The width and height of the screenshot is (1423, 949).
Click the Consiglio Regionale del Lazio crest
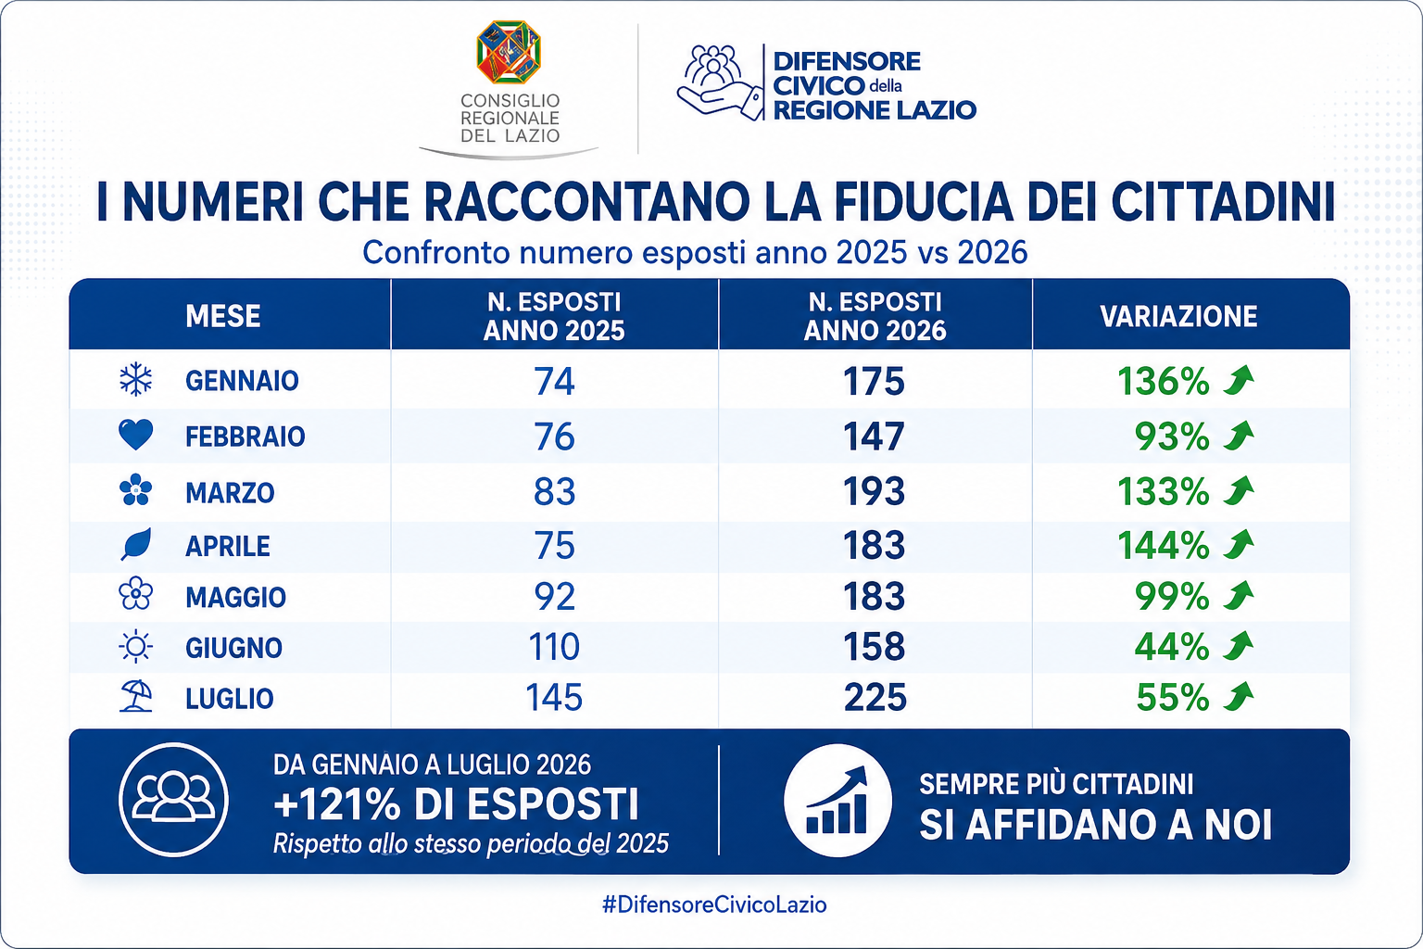coord(509,52)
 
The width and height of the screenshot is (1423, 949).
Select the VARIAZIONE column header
coord(1178,316)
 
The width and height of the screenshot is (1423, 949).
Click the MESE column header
coord(223,316)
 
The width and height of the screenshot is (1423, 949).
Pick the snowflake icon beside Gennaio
coord(136,380)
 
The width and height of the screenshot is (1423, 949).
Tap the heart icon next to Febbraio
coord(136,435)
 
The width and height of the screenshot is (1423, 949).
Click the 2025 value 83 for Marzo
coord(554,491)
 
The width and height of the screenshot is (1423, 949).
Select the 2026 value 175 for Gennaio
coord(874,382)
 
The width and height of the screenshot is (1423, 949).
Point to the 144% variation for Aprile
coord(1163,545)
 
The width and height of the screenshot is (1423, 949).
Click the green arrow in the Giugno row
coord(1239,647)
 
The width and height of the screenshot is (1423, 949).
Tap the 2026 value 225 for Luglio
coord(875,697)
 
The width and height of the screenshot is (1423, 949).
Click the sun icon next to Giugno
coord(136,647)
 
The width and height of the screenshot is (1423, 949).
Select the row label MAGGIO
coord(235,598)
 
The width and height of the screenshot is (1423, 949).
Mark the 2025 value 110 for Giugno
coord(554,647)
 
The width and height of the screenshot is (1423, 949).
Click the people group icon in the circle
coord(173,799)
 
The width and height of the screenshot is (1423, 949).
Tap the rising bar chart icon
coord(837,801)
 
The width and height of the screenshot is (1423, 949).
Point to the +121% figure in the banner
coord(337,804)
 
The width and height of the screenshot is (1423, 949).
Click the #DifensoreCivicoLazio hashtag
coord(714,905)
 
